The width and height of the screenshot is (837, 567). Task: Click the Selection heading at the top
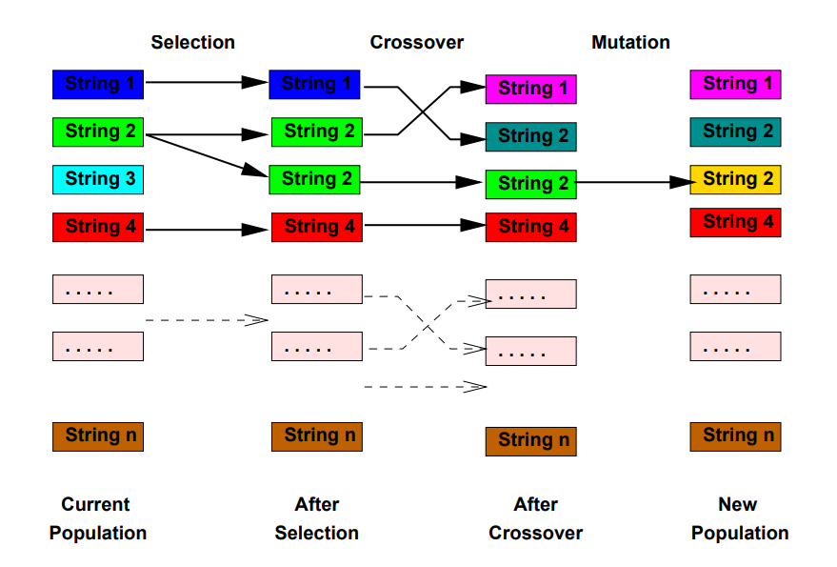tap(192, 42)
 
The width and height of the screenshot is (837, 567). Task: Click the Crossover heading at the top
tap(416, 42)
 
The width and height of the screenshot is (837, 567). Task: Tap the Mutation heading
tap(630, 42)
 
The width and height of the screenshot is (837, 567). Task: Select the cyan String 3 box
tap(97, 179)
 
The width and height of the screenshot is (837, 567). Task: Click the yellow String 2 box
tap(735, 179)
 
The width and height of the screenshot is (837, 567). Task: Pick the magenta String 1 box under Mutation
tap(735, 84)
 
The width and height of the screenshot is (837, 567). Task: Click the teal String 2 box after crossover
tap(530, 136)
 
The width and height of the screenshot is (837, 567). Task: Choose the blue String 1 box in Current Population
tap(97, 84)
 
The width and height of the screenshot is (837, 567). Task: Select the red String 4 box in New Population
tap(735, 223)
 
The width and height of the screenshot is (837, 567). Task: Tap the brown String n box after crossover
tap(530, 441)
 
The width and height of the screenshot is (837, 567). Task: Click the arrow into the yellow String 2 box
tap(633, 180)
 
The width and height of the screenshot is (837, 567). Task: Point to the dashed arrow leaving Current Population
tap(206, 320)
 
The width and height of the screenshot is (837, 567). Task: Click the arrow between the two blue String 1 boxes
tap(206, 83)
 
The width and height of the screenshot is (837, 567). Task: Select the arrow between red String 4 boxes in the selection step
tap(206, 229)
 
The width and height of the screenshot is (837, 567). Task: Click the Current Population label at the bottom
tap(97, 518)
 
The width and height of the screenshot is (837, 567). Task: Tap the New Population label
tap(739, 518)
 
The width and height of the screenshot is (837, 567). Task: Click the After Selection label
tap(316, 518)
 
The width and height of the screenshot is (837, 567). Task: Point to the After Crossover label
tap(535, 518)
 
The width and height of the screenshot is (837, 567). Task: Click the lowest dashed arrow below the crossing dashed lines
tap(425, 387)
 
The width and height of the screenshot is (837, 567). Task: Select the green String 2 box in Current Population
tap(97, 132)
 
